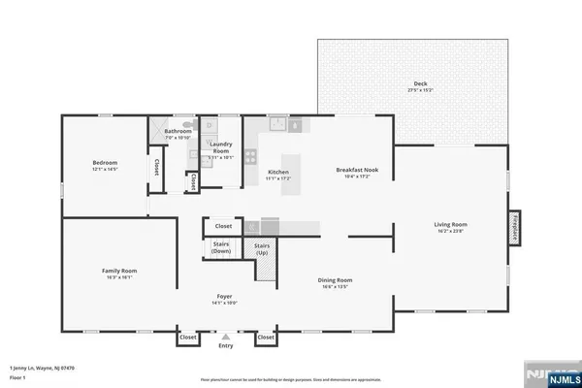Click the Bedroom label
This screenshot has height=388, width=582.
click(105, 162)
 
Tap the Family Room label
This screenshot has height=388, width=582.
click(119, 271)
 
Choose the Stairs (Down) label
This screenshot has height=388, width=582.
click(220, 248)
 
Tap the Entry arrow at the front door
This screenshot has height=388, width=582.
click(226, 338)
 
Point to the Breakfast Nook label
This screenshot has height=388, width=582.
click(357, 170)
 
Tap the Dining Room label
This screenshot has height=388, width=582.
click(336, 280)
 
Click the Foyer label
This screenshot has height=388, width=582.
click(225, 297)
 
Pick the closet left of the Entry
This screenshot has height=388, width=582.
click(187, 338)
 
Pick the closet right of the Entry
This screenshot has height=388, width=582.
click(264, 338)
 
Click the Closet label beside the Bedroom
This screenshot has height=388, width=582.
click(155, 167)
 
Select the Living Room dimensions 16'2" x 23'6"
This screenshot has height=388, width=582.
click(449, 231)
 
